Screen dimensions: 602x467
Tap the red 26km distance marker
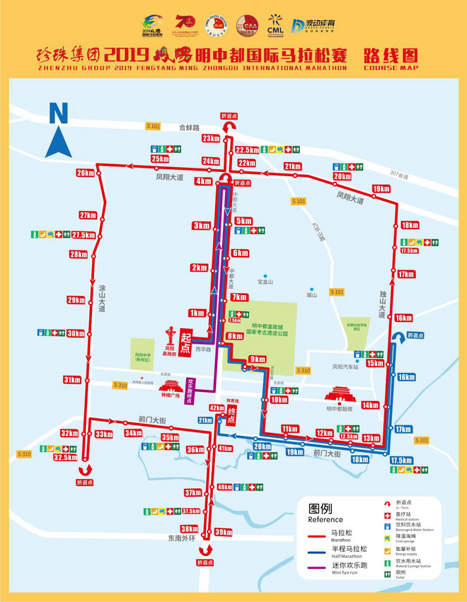(x=86, y=173)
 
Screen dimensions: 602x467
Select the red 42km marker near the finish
(x=217, y=407)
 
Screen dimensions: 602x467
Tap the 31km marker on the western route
(x=71, y=380)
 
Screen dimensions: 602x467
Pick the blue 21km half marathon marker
(x=205, y=420)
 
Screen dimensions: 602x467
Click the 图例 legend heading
(x=321, y=508)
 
